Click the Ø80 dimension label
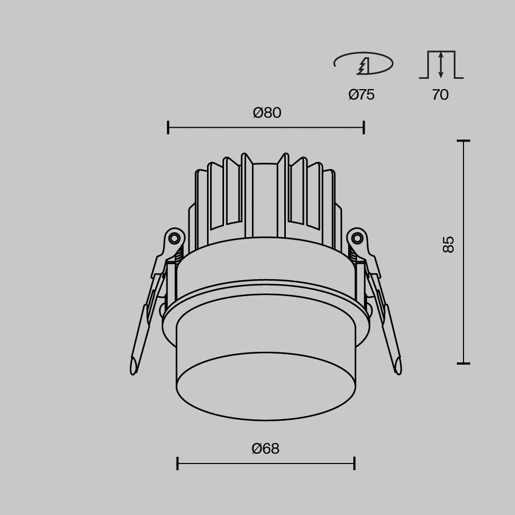click(x=267, y=113)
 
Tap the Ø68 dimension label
click(x=265, y=449)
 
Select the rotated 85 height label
click(x=449, y=244)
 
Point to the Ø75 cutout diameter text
click(x=362, y=95)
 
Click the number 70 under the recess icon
click(x=440, y=95)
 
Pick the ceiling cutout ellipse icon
click(x=363, y=63)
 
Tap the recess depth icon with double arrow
click(x=441, y=65)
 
